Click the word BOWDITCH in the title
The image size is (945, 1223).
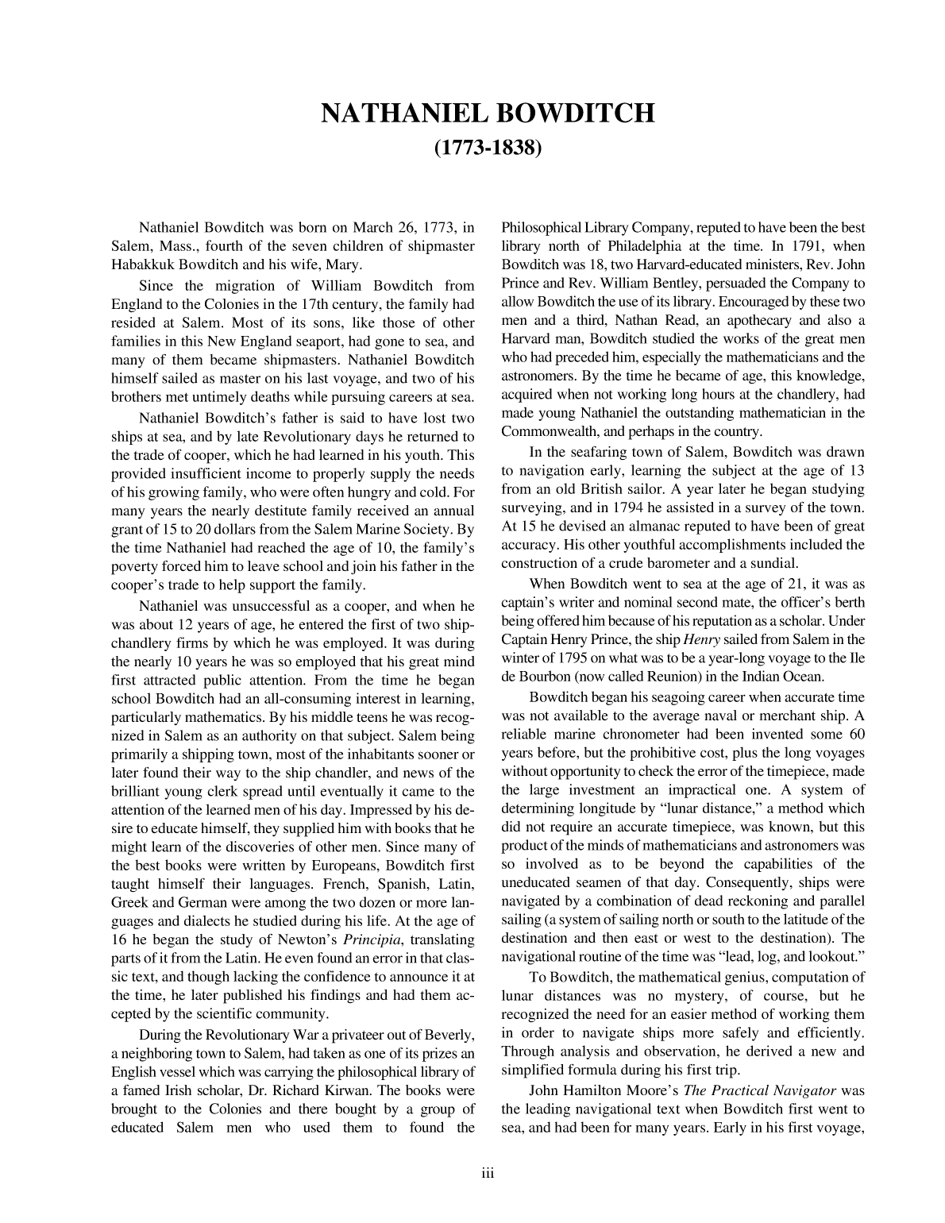click(x=576, y=114)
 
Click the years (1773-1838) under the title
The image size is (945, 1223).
click(x=488, y=149)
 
